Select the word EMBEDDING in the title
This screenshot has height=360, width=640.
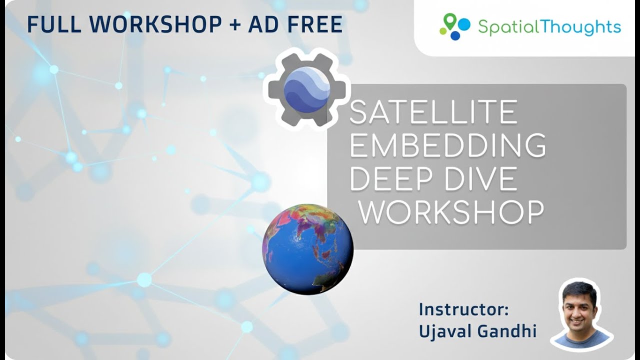point(447,145)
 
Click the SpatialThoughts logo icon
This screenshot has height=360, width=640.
point(455,26)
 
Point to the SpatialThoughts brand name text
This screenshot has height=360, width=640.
point(549,27)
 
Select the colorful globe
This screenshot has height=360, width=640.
point(307,248)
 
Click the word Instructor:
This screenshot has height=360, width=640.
point(463,309)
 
